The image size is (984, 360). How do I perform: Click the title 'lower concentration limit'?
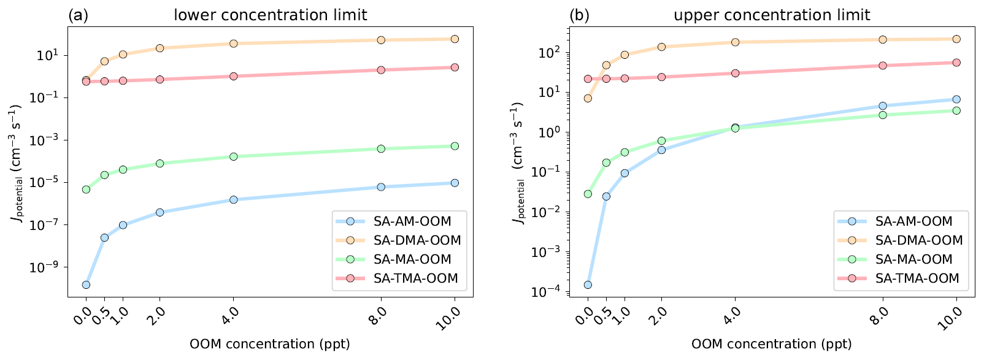271,15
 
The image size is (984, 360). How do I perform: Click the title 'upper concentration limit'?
772,15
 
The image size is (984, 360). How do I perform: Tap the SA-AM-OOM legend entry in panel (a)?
412,221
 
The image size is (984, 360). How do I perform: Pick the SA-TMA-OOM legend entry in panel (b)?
917,278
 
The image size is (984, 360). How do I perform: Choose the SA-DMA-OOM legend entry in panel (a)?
417,240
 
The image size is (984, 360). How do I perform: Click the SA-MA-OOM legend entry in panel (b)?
913,259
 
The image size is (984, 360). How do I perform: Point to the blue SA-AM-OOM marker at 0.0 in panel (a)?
86,285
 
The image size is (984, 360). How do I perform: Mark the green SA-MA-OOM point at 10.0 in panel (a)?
455,146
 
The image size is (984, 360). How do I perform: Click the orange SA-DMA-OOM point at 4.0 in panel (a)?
234,44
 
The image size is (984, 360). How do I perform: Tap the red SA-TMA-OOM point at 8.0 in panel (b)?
883,66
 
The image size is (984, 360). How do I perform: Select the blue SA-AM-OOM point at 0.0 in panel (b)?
588,285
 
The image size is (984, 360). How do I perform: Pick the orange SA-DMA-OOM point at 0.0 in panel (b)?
588,98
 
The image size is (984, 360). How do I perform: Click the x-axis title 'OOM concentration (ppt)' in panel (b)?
772,344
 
